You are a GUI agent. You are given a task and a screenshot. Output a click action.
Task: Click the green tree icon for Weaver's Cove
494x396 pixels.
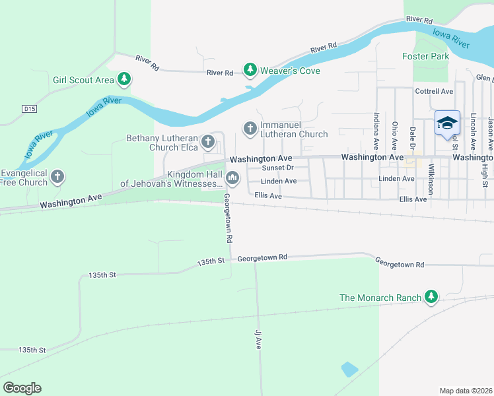point(250,69)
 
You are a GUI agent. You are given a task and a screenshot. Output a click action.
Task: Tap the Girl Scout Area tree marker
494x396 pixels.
point(123,80)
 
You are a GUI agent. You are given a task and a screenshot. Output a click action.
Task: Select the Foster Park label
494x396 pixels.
point(425,56)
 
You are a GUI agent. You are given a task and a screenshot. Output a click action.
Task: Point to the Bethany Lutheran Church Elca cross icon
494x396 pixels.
point(208,141)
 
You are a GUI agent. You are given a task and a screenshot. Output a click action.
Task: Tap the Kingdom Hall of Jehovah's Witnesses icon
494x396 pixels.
point(232,178)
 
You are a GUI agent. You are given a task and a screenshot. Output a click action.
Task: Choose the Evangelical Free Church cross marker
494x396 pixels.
point(58,176)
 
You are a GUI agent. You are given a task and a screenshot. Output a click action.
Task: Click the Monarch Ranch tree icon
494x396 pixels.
point(431,297)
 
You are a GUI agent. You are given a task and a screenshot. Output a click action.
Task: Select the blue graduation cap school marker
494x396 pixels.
point(447,123)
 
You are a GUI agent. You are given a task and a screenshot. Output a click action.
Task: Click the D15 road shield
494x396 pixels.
point(28,108)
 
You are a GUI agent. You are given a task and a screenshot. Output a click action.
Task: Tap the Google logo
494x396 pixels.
point(22,387)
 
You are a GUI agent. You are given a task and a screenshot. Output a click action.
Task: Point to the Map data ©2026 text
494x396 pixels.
point(466,391)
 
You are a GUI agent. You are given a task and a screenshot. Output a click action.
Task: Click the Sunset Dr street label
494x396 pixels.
point(277,168)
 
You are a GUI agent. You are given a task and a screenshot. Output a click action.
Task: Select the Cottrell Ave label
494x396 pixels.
point(433,91)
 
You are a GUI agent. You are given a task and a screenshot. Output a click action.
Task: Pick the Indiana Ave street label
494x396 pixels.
point(376,129)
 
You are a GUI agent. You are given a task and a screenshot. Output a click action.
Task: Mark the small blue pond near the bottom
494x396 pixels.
point(349,369)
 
